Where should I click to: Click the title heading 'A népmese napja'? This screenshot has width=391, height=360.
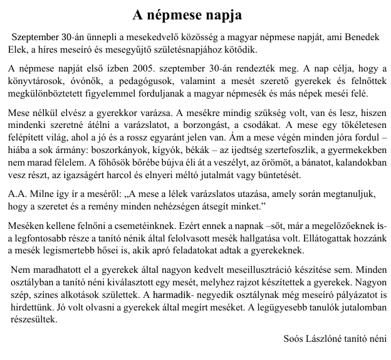click(x=195, y=13)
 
